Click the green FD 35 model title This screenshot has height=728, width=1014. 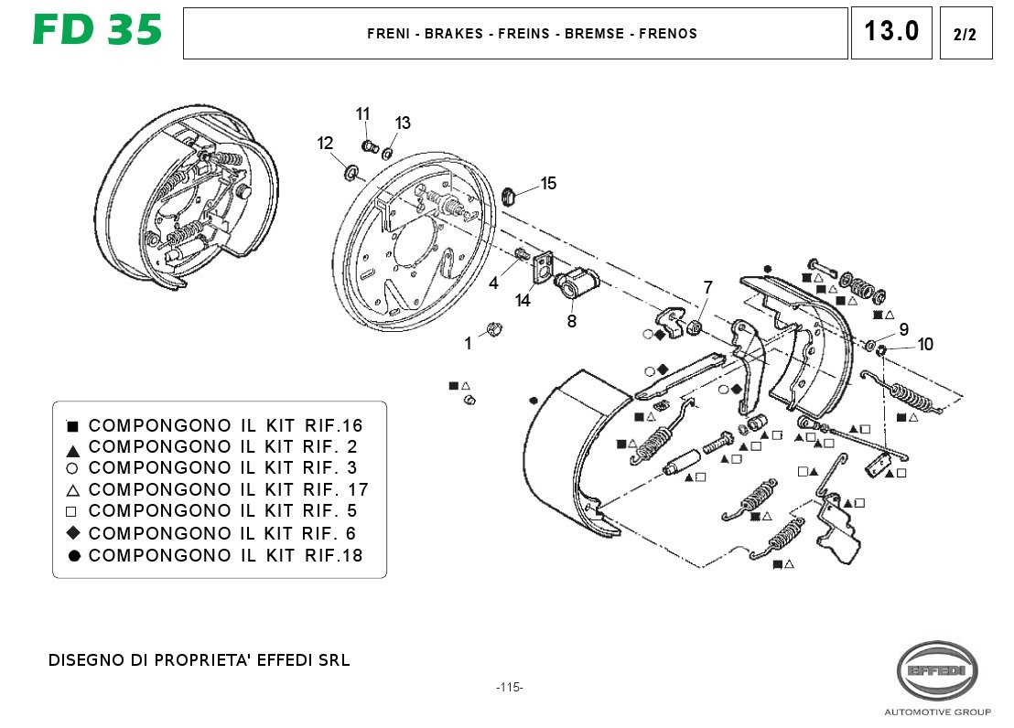click(97, 30)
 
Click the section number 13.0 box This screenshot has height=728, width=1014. click(891, 33)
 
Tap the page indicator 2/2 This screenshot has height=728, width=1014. click(965, 34)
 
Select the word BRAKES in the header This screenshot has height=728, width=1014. click(453, 34)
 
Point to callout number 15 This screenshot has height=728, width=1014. click(548, 184)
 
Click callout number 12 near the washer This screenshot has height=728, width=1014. click(325, 143)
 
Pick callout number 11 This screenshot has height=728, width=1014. click(362, 113)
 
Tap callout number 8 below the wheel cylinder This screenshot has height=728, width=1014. click(572, 321)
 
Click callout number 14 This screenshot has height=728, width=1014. click(523, 301)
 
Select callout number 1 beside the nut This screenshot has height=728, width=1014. click(469, 343)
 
